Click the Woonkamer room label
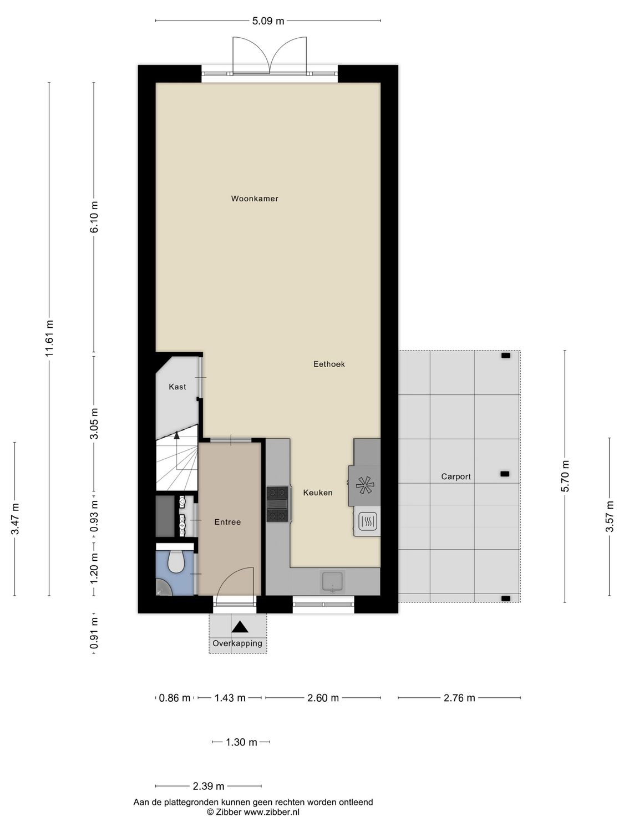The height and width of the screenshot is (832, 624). pos(255,199)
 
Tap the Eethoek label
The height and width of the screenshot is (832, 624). pos(329,364)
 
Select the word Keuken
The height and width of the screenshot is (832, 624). pos(318,493)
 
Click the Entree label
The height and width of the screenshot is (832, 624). pos(227,522)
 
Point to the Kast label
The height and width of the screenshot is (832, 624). pos(177,387)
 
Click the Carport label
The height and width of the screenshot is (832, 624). pos(456,476)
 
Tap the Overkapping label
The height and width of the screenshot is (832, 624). pos(237,643)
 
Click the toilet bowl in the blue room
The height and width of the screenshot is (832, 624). pos(176,562)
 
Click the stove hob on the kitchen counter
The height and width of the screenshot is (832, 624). pos(278,504)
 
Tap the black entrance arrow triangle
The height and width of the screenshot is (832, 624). pos(240,627)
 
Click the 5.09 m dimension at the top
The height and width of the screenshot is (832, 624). pos(268,21)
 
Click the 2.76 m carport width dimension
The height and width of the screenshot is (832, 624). pos(459,698)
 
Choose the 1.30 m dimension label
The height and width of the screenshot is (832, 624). pos(241,742)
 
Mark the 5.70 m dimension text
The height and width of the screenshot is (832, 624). pos(565,476)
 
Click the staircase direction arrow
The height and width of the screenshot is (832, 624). pos(177,436)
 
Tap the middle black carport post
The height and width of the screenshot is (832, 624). pos(505,474)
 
